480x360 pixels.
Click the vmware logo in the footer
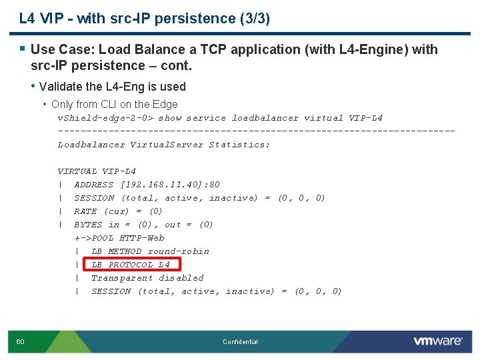437,341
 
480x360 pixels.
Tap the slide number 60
21,342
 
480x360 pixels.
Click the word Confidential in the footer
240,342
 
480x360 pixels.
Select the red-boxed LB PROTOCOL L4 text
131,265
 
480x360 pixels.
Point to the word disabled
181,278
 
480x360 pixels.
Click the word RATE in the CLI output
85,211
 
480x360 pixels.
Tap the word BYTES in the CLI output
88,225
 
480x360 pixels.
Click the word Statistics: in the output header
239,145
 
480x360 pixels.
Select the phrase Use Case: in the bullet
58,49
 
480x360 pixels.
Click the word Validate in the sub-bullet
61,87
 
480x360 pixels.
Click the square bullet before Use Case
23,49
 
